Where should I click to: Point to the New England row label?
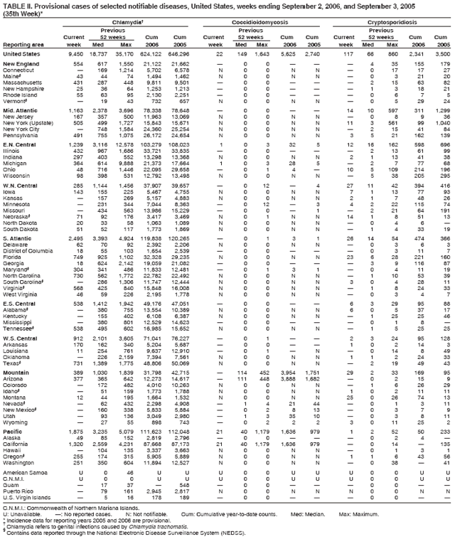21,64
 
